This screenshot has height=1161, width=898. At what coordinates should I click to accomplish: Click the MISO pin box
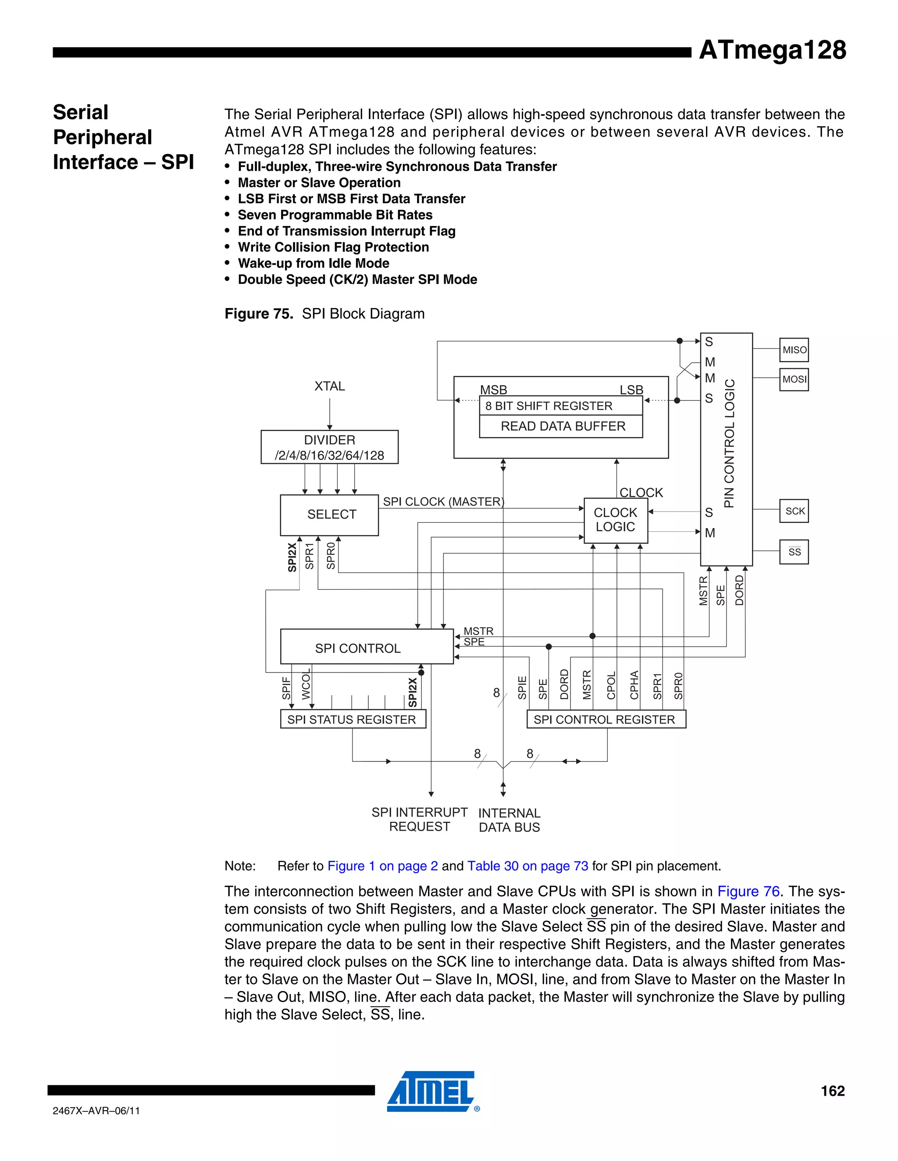(794, 350)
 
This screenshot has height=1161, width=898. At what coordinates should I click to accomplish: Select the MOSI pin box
(794, 379)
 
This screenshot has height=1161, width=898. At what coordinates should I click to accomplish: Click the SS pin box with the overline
(794, 552)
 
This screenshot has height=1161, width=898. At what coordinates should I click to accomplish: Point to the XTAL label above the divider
(329, 386)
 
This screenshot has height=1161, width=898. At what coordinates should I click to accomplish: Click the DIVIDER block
(329, 447)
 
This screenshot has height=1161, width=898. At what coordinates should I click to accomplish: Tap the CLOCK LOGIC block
(616, 520)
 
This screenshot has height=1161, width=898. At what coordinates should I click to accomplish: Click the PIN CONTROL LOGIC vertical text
(729, 443)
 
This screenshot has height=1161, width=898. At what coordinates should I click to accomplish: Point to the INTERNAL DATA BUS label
(509, 820)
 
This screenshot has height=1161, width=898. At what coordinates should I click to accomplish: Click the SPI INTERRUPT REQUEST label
(419, 819)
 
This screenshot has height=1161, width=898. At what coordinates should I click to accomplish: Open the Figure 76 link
(748, 892)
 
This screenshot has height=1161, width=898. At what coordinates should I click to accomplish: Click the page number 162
(833, 1091)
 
